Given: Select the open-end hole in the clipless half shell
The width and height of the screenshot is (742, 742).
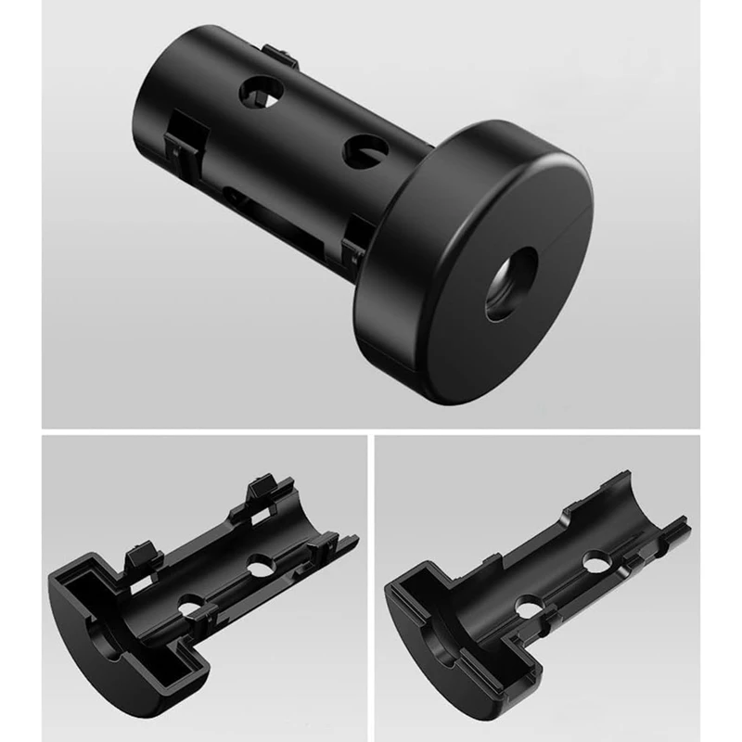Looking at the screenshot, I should coord(592,562).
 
